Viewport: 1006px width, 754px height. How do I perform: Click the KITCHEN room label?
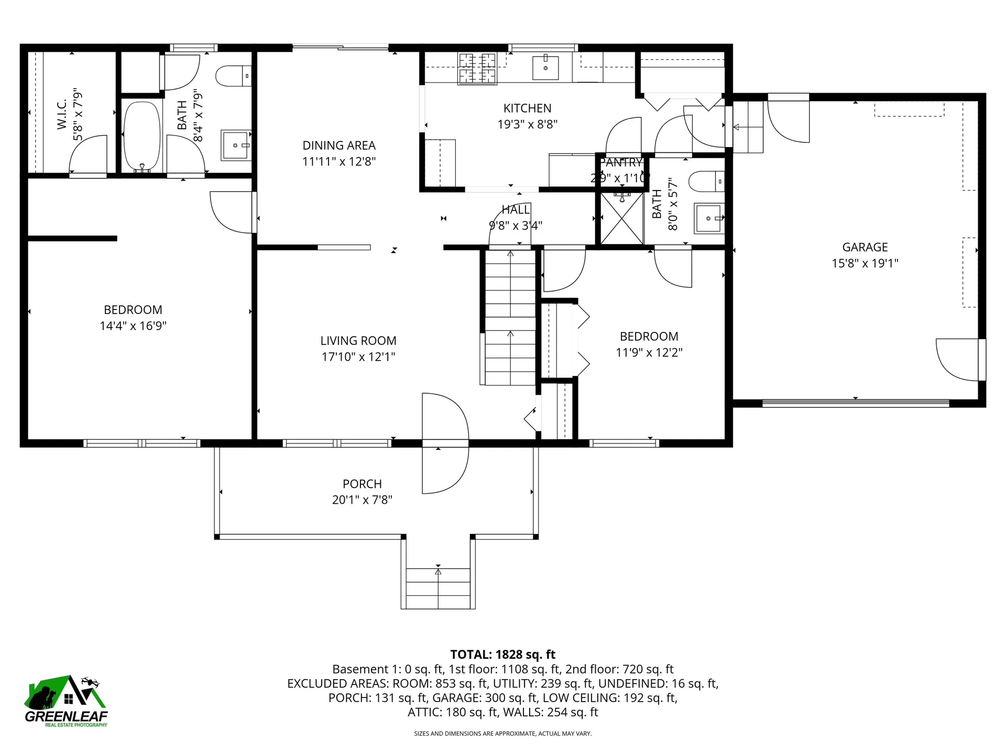[527, 108]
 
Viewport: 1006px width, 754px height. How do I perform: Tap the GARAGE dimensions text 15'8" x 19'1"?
[865, 263]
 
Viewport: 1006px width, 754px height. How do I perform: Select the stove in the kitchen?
[477, 69]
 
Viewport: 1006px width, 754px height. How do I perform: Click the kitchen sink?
[545, 68]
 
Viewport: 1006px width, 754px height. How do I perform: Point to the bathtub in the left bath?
[142, 136]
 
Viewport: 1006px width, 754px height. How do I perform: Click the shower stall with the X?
[621, 219]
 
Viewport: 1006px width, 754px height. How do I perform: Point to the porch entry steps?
[438, 587]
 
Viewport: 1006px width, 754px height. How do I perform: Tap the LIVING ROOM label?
[358, 341]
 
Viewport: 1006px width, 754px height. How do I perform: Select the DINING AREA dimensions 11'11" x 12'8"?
[339, 162]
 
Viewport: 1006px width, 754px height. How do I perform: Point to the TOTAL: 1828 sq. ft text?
[502, 655]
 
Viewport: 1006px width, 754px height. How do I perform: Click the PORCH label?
[362, 484]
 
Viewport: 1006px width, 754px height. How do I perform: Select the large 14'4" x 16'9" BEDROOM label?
[133, 310]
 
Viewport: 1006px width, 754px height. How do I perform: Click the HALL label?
[516, 210]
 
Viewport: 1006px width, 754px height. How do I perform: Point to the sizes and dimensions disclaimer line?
[502, 734]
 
